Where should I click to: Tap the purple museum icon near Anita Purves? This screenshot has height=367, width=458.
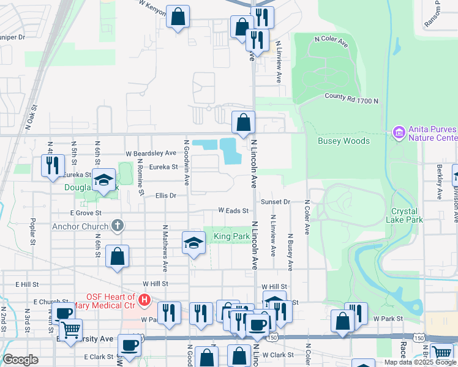[399, 132]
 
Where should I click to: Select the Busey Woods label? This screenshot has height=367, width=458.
[343, 141]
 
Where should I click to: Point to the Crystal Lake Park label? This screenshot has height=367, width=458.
[407, 215]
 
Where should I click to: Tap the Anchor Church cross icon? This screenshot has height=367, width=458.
[118, 225]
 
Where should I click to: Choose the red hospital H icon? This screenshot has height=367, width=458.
[145, 300]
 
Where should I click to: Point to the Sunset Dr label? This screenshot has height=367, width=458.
[276, 201]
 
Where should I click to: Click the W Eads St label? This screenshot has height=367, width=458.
[233, 210]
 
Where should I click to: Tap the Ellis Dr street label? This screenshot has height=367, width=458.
[165, 196]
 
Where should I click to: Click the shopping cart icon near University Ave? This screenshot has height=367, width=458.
[70, 330]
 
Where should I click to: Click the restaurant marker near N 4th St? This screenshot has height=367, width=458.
[53, 165]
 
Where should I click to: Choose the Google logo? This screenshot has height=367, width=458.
[20, 360]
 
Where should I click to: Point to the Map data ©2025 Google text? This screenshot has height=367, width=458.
[420, 362]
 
